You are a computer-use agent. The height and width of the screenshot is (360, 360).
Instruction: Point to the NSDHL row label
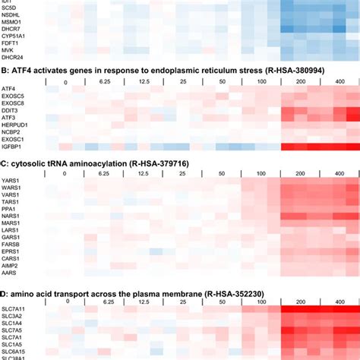11,14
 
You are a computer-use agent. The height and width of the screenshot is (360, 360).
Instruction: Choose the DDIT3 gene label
10,110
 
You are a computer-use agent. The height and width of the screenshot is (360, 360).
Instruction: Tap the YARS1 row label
10,181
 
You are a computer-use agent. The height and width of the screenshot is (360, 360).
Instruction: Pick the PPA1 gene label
8,209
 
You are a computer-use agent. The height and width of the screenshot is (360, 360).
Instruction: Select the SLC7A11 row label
13,309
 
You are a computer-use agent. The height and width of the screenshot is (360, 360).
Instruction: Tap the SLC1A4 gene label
11,324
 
